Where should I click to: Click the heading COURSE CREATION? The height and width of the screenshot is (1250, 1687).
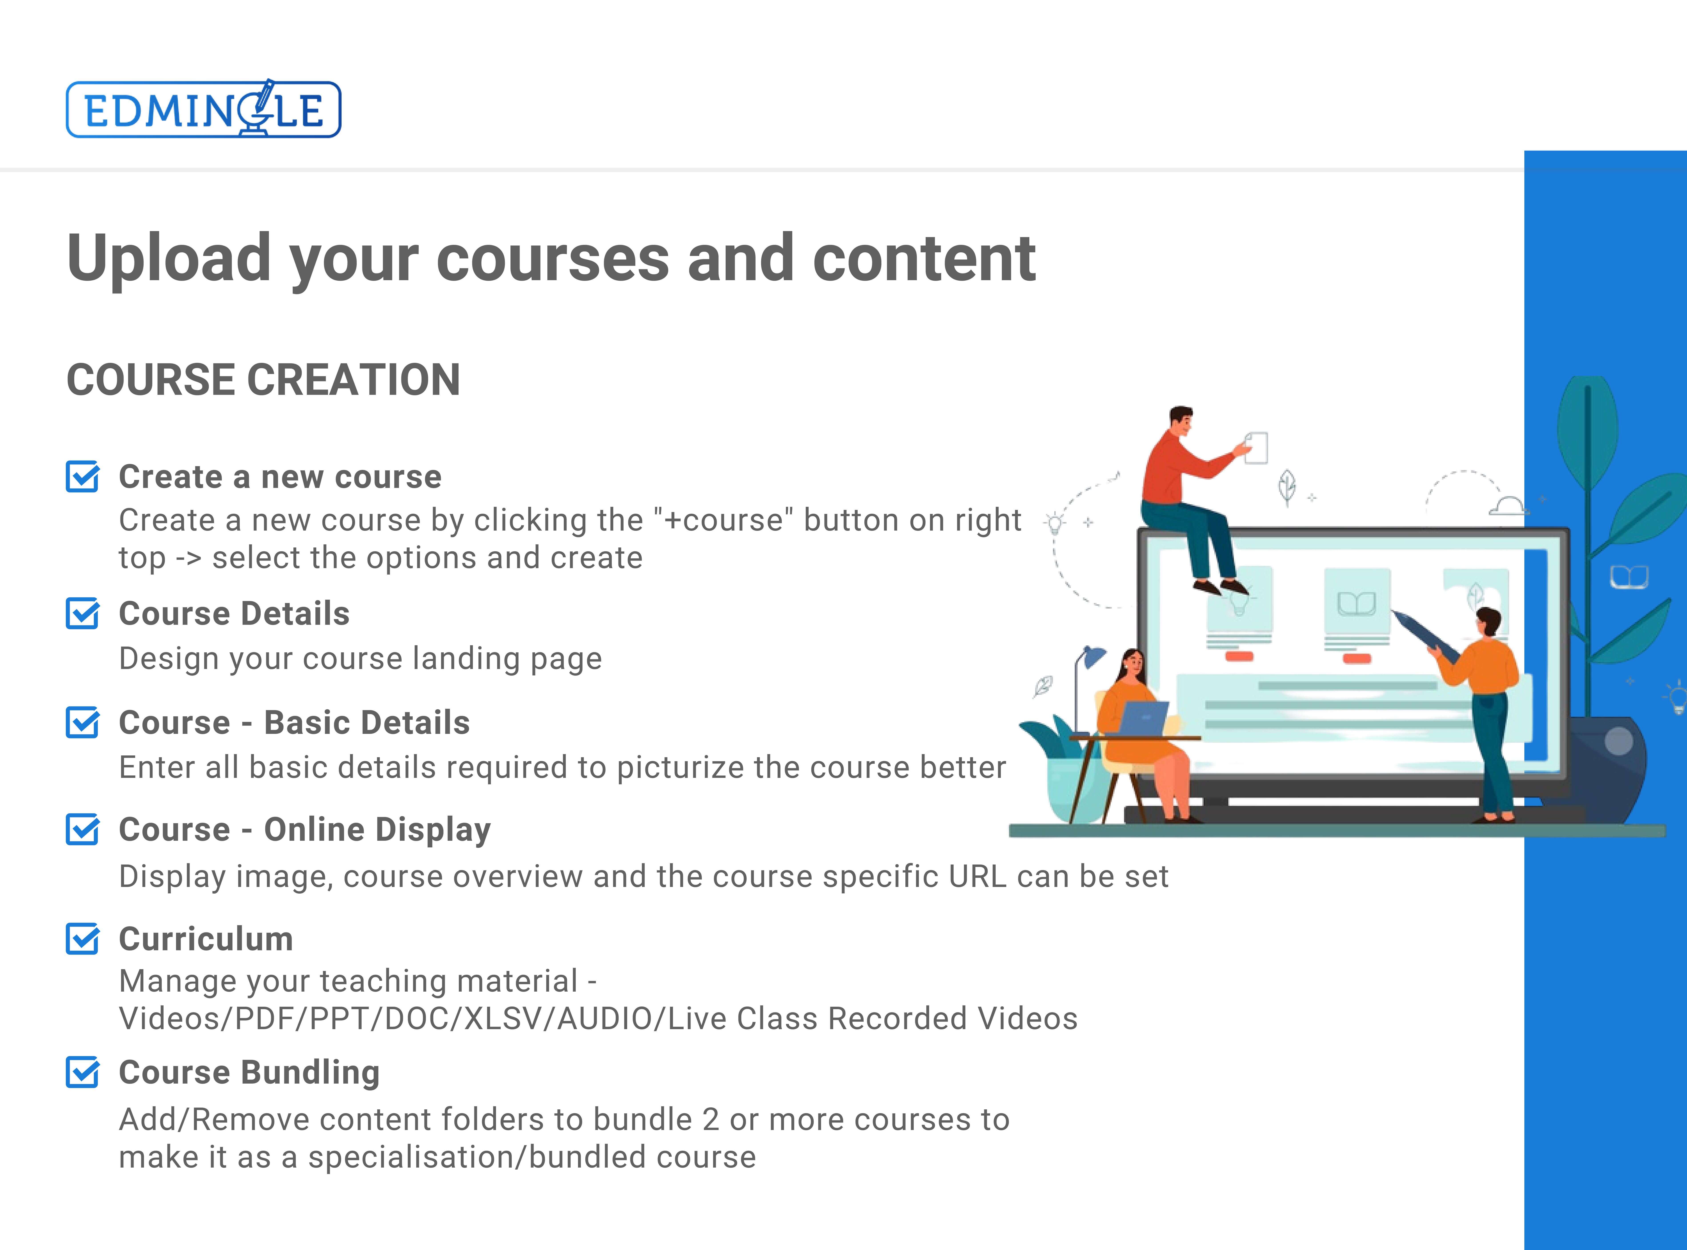click(x=263, y=380)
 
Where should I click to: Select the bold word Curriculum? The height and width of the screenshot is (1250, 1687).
click(x=206, y=939)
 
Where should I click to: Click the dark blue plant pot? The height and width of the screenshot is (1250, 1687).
click(x=1608, y=768)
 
